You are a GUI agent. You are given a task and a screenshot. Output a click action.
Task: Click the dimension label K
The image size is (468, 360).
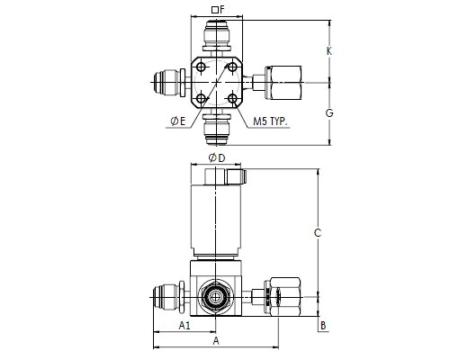pyautogui.click(x=329, y=51)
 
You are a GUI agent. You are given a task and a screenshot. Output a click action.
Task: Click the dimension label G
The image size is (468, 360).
pyautogui.click(x=329, y=113)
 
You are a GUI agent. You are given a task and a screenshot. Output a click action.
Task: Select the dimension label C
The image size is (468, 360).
pyautogui.click(x=318, y=233)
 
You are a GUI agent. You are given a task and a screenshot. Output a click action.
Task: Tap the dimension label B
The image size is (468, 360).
pyautogui.click(x=323, y=326)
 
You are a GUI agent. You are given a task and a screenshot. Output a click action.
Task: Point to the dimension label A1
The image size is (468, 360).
pyautogui.click(x=184, y=325)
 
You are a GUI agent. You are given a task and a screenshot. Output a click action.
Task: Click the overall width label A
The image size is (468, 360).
pyautogui.click(x=216, y=341)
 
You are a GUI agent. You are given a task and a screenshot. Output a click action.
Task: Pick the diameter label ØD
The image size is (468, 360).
pyautogui.click(x=217, y=157)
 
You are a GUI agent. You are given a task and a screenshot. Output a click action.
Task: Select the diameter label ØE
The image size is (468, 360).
pyautogui.click(x=178, y=121)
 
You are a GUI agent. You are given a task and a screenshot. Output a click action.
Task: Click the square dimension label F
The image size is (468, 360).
pyautogui.click(x=218, y=10)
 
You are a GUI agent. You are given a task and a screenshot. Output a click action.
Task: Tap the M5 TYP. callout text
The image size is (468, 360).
pyautogui.click(x=270, y=121)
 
